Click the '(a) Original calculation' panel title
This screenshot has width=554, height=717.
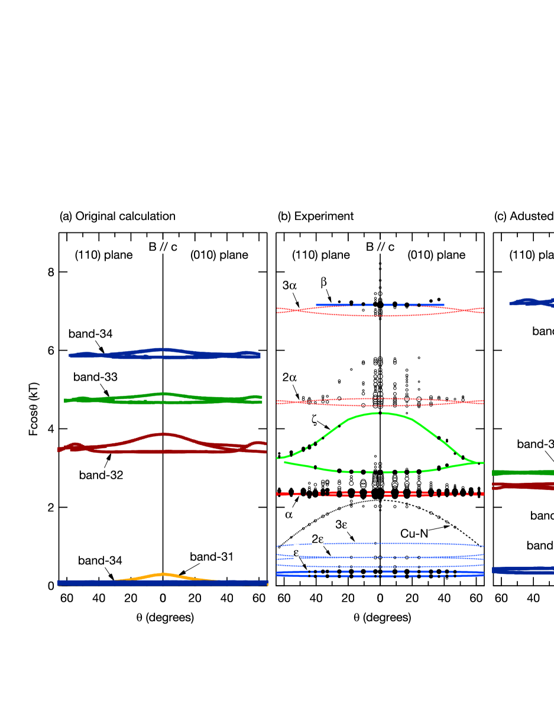[x=118, y=216]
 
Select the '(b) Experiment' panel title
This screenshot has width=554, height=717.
[x=316, y=216]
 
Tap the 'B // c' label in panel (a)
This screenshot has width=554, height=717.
[x=163, y=247]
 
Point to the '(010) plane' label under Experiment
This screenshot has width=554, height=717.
[x=436, y=255]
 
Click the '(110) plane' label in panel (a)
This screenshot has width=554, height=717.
[x=103, y=255]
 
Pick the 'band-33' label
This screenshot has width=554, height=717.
[x=95, y=377]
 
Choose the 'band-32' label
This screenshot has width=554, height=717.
[x=101, y=475]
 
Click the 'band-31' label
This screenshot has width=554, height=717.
[x=212, y=556]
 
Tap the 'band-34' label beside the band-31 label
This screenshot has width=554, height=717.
[x=100, y=560]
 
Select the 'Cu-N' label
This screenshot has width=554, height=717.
[x=414, y=534]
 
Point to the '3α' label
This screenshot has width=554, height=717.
[x=289, y=286]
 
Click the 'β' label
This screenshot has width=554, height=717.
[x=323, y=282]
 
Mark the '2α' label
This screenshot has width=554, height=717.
[x=289, y=378]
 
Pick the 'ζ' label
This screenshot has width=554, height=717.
[x=314, y=419]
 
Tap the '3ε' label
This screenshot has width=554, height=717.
[x=341, y=524]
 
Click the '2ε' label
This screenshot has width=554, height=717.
[x=318, y=538]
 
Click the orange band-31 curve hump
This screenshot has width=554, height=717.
[x=163, y=575]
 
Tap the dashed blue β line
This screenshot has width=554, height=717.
[x=378, y=305]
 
